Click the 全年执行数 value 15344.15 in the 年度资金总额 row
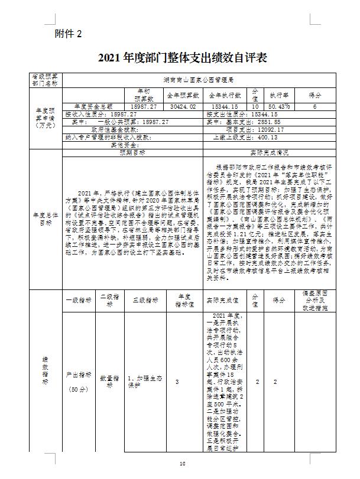click(x=223, y=106)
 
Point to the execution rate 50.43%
click(x=280, y=106)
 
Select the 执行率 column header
click(x=280, y=95)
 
